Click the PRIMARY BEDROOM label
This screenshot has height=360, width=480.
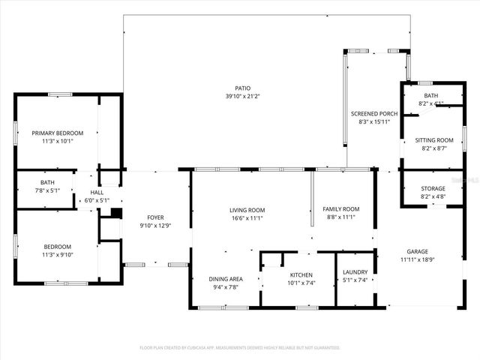coord(57,133)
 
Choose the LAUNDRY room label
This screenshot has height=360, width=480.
coord(355,272)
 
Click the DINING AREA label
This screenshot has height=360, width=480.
coord(226,278)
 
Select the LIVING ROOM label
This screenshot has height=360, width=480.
coord(247,210)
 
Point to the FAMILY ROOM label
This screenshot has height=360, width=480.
coord(341,209)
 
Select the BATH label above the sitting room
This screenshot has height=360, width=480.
coord(430,95)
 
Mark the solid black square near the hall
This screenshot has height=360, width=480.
coord(115,213)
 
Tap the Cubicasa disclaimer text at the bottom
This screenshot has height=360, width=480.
coord(240,347)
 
